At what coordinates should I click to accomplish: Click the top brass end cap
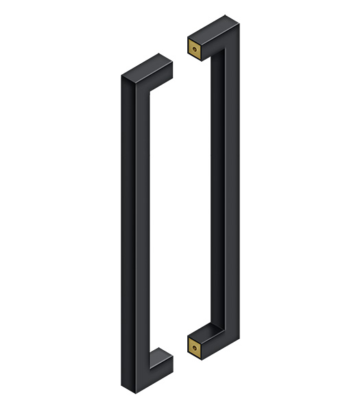pos(195,48)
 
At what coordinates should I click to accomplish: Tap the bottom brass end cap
pos(195,347)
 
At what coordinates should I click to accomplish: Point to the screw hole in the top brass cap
pos(195,49)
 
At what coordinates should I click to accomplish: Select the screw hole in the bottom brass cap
pos(195,347)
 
